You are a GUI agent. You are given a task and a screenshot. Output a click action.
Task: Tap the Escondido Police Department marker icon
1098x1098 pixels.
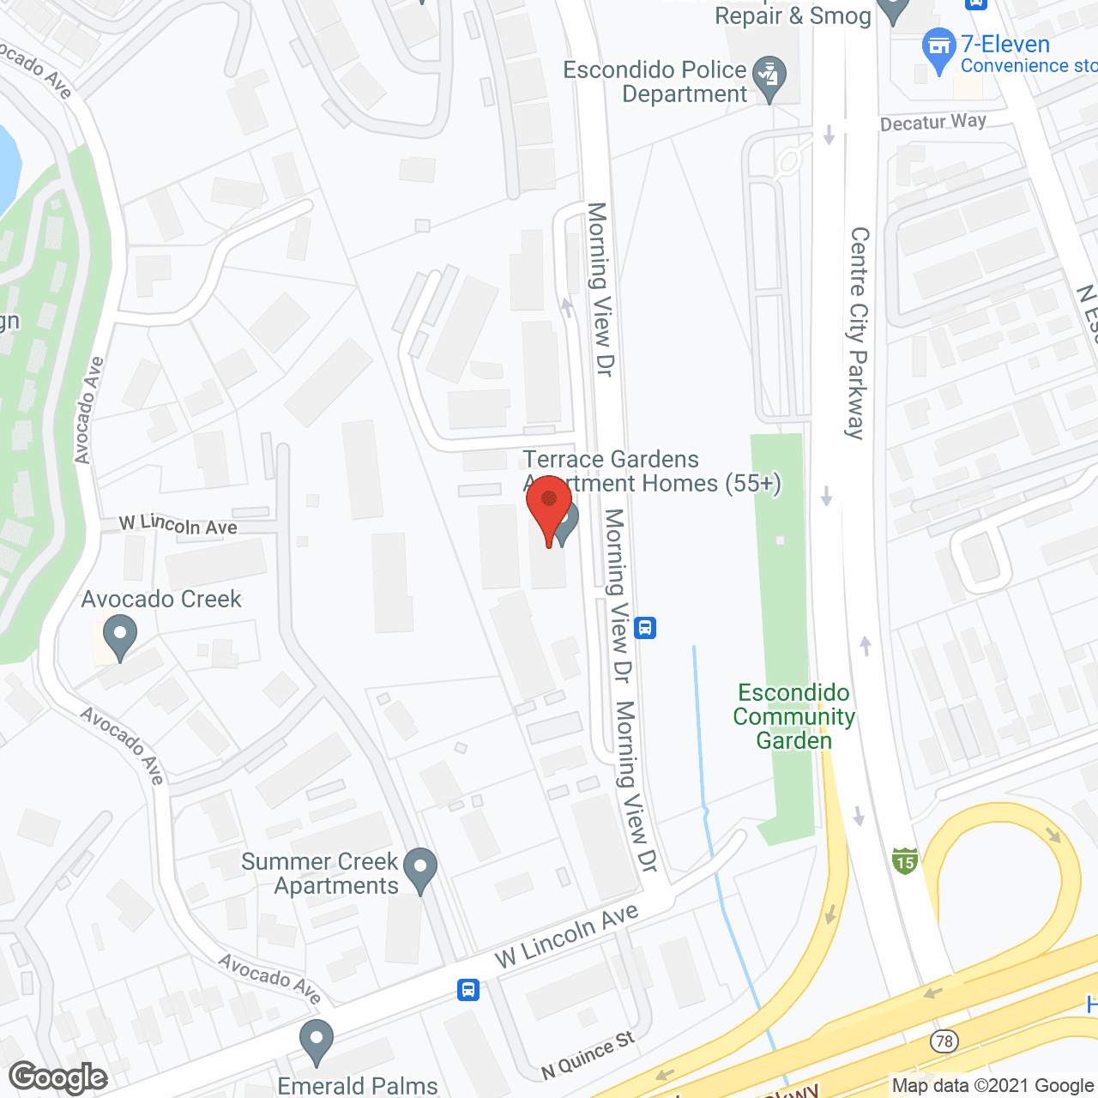[769, 77]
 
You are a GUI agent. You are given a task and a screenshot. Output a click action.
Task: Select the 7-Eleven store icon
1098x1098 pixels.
[938, 49]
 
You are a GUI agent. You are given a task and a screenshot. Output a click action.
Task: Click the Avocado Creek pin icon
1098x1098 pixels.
[120, 636]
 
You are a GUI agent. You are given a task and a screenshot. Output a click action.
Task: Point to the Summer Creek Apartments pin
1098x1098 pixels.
[420, 868]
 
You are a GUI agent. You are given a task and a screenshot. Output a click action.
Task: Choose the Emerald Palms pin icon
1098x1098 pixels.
[317, 1041]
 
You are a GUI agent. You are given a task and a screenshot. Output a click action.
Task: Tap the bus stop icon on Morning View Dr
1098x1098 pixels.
[646, 628]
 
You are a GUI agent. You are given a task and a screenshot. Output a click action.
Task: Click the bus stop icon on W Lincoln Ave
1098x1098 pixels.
[468, 989]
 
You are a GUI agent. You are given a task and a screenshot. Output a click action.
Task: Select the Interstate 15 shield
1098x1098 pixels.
[905, 860]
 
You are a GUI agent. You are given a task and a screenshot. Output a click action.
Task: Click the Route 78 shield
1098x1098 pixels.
[944, 1041]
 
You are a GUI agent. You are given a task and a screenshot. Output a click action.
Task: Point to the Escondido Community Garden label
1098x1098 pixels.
[793, 716]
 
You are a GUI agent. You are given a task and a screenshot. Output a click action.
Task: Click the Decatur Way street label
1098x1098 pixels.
[933, 123]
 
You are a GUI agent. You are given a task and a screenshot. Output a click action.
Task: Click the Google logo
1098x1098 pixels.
[58, 1077]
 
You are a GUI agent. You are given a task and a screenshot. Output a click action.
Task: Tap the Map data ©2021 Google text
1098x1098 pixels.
[992, 1086]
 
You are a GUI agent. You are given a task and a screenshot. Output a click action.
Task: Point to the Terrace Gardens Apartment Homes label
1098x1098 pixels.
[652, 472]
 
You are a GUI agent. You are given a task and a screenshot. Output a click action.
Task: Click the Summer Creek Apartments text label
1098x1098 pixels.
[320, 873]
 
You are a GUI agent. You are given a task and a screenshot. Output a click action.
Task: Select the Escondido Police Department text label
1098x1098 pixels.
[655, 81]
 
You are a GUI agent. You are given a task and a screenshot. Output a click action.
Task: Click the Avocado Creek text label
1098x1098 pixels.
[161, 599]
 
